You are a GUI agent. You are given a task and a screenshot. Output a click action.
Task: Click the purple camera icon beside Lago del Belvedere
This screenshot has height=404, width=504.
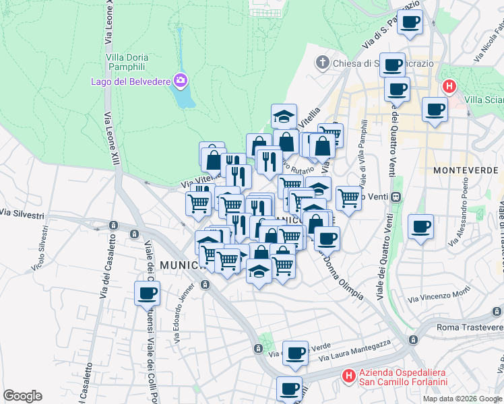(x=180, y=81)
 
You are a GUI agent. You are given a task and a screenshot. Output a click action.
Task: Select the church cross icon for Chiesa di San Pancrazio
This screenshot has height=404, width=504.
(x=322, y=63)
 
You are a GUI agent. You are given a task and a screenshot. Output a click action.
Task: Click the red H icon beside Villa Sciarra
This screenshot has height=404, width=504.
(x=449, y=87)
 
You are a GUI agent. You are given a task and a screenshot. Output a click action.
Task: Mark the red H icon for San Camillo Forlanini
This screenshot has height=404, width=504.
(x=349, y=376)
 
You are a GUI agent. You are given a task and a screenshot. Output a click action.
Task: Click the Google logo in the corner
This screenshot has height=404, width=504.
(x=22, y=396)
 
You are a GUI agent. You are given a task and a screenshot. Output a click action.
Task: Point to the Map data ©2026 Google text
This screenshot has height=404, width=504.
(x=462, y=399)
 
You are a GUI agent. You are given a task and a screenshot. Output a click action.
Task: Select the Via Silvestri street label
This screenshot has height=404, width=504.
(x=22, y=213)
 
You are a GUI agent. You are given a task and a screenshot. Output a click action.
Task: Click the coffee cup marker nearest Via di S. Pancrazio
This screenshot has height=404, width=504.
(x=409, y=22)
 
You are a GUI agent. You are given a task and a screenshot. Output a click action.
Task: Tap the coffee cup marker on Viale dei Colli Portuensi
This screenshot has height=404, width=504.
(x=147, y=294)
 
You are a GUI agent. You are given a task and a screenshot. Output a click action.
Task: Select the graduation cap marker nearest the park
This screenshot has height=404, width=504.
(x=284, y=116)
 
